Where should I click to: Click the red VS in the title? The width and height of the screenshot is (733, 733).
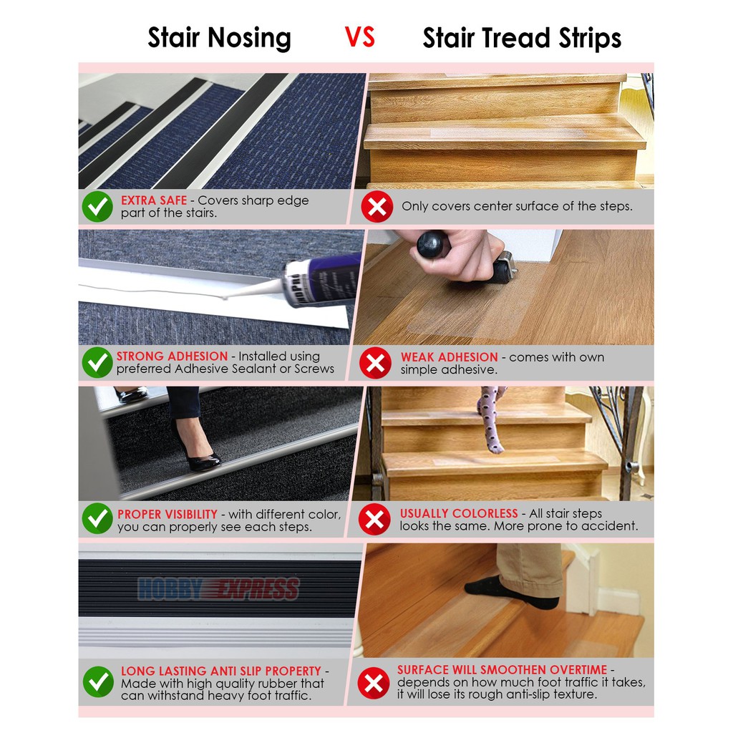point(359,37)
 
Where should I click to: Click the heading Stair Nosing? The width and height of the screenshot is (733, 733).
point(219,38)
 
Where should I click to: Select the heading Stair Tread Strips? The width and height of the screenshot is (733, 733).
point(522,38)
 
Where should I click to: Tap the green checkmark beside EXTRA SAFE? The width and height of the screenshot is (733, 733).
point(97,207)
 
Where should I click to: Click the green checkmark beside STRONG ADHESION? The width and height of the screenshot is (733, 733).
point(97,363)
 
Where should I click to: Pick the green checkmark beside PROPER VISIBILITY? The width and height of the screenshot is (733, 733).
point(97,519)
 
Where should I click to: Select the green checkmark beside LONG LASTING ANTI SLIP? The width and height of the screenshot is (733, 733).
point(98,682)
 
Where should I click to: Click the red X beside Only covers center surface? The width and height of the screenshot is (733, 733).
point(376,207)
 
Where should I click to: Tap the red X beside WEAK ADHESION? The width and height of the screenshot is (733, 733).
point(375,363)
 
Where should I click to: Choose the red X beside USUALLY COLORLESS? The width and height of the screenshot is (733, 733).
point(374,519)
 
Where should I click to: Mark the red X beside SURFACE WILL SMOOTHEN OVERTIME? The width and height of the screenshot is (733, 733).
point(373,682)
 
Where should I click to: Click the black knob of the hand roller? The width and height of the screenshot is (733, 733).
point(433,244)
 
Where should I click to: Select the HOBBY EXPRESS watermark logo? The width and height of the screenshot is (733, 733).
point(218,589)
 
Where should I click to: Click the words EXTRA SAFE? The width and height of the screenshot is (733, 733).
point(154,200)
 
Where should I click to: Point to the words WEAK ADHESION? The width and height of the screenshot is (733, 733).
point(449,356)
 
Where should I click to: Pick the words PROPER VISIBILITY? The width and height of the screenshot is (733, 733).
point(168,514)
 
